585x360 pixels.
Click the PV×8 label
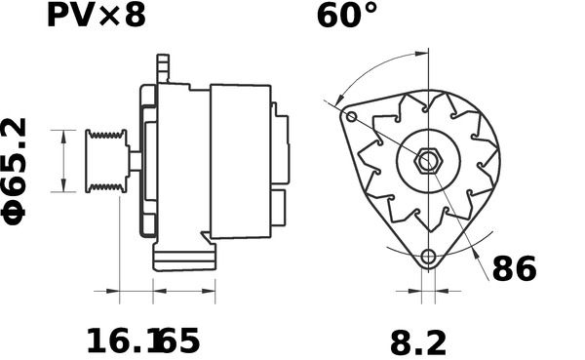click(96, 16)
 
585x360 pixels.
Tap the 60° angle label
click(347, 16)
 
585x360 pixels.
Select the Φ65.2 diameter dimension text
click(15, 171)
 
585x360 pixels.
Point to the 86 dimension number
click(515, 269)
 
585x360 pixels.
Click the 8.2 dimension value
click(418, 343)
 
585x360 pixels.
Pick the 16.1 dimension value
click(123, 340)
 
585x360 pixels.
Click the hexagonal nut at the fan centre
click(428, 161)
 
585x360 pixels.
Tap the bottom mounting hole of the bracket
click(428, 257)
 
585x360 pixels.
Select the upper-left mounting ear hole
click(351, 117)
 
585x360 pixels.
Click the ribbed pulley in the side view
click(107, 161)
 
